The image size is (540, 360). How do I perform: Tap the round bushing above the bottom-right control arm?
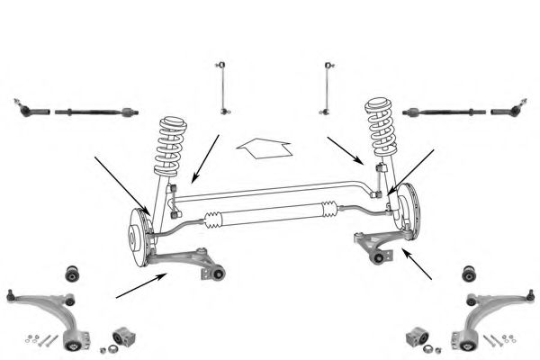tap(467, 273)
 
